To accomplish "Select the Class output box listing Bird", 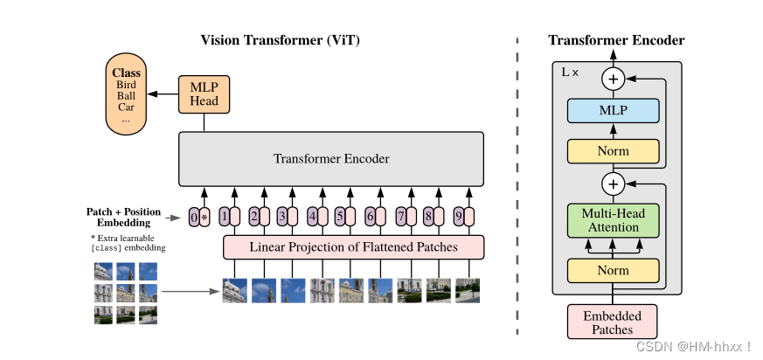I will pyautogui.click(x=126, y=95).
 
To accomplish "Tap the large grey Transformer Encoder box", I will pyautogui.click(x=331, y=159).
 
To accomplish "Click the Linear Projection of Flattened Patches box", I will pyautogui.click(x=353, y=247).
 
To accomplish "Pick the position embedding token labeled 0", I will pyautogui.click(x=194, y=217).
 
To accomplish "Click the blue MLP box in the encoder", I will pyautogui.click(x=612, y=111).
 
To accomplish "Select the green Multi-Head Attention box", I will pyautogui.click(x=612, y=220).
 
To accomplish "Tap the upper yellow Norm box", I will pyautogui.click(x=612, y=151).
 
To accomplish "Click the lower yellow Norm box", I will pyautogui.click(x=612, y=271).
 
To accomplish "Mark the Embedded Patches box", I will pyautogui.click(x=612, y=322).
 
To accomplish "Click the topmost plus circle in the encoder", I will pyautogui.click(x=613, y=80).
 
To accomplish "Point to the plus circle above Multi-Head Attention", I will pyautogui.click(x=613, y=183).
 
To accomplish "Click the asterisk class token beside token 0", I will pyautogui.click(x=205, y=217).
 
